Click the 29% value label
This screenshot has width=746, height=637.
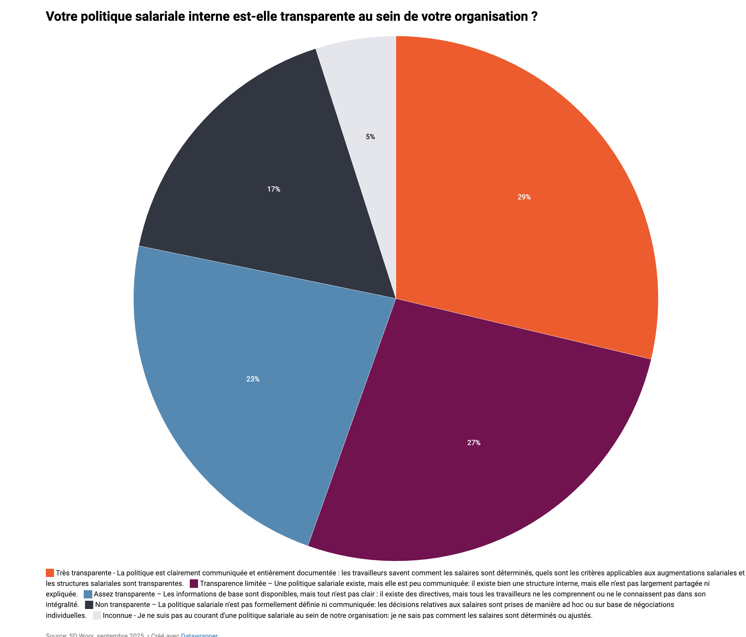pos(524,197)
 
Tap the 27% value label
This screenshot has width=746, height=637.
pos(474,443)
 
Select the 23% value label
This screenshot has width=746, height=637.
pos(253,379)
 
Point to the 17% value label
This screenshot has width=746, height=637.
pos(273,189)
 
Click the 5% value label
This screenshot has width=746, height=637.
pos(370,137)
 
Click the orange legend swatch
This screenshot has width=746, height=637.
pos(50,573)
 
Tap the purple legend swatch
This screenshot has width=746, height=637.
pos(194,583)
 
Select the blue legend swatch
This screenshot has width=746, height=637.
pos(88,594)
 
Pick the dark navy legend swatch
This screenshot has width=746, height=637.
pos(89,605)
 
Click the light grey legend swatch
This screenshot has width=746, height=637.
pos(97,615)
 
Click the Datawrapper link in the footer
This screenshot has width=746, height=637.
pos(199,634)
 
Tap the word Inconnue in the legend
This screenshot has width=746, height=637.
pos(117,615)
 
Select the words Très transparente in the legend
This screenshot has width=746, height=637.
pos(83,573)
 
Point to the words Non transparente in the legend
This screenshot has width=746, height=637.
pos(123,605)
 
